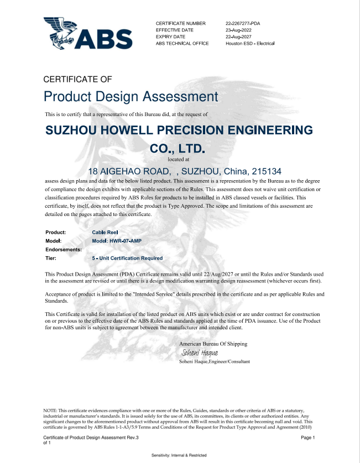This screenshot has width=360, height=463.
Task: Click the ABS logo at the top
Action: [88, 33]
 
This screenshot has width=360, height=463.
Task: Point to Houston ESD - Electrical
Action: [250, 43]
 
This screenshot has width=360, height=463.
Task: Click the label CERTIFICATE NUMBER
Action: [181, 23]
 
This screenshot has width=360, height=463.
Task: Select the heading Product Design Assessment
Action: [131, 97]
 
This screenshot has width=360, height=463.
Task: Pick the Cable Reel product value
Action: [105, 232]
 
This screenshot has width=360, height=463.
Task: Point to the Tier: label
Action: [51, 258]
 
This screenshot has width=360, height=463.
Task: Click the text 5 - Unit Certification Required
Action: [127, 258]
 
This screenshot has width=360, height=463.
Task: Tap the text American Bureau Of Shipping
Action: [213, 344]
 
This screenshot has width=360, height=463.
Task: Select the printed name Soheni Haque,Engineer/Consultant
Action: [215, 361]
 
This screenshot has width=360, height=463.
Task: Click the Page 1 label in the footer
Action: [307, 438]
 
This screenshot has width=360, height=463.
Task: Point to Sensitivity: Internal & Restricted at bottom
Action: [179, 455]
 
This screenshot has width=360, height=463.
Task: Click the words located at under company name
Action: [178, 159]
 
